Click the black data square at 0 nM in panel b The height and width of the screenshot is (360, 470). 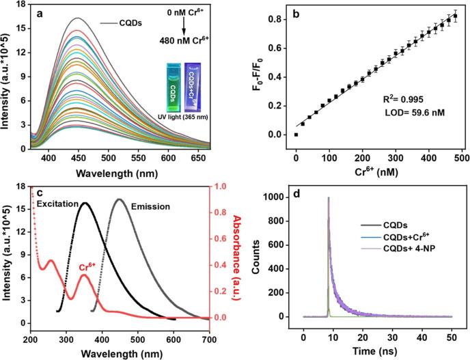point(296,135)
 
